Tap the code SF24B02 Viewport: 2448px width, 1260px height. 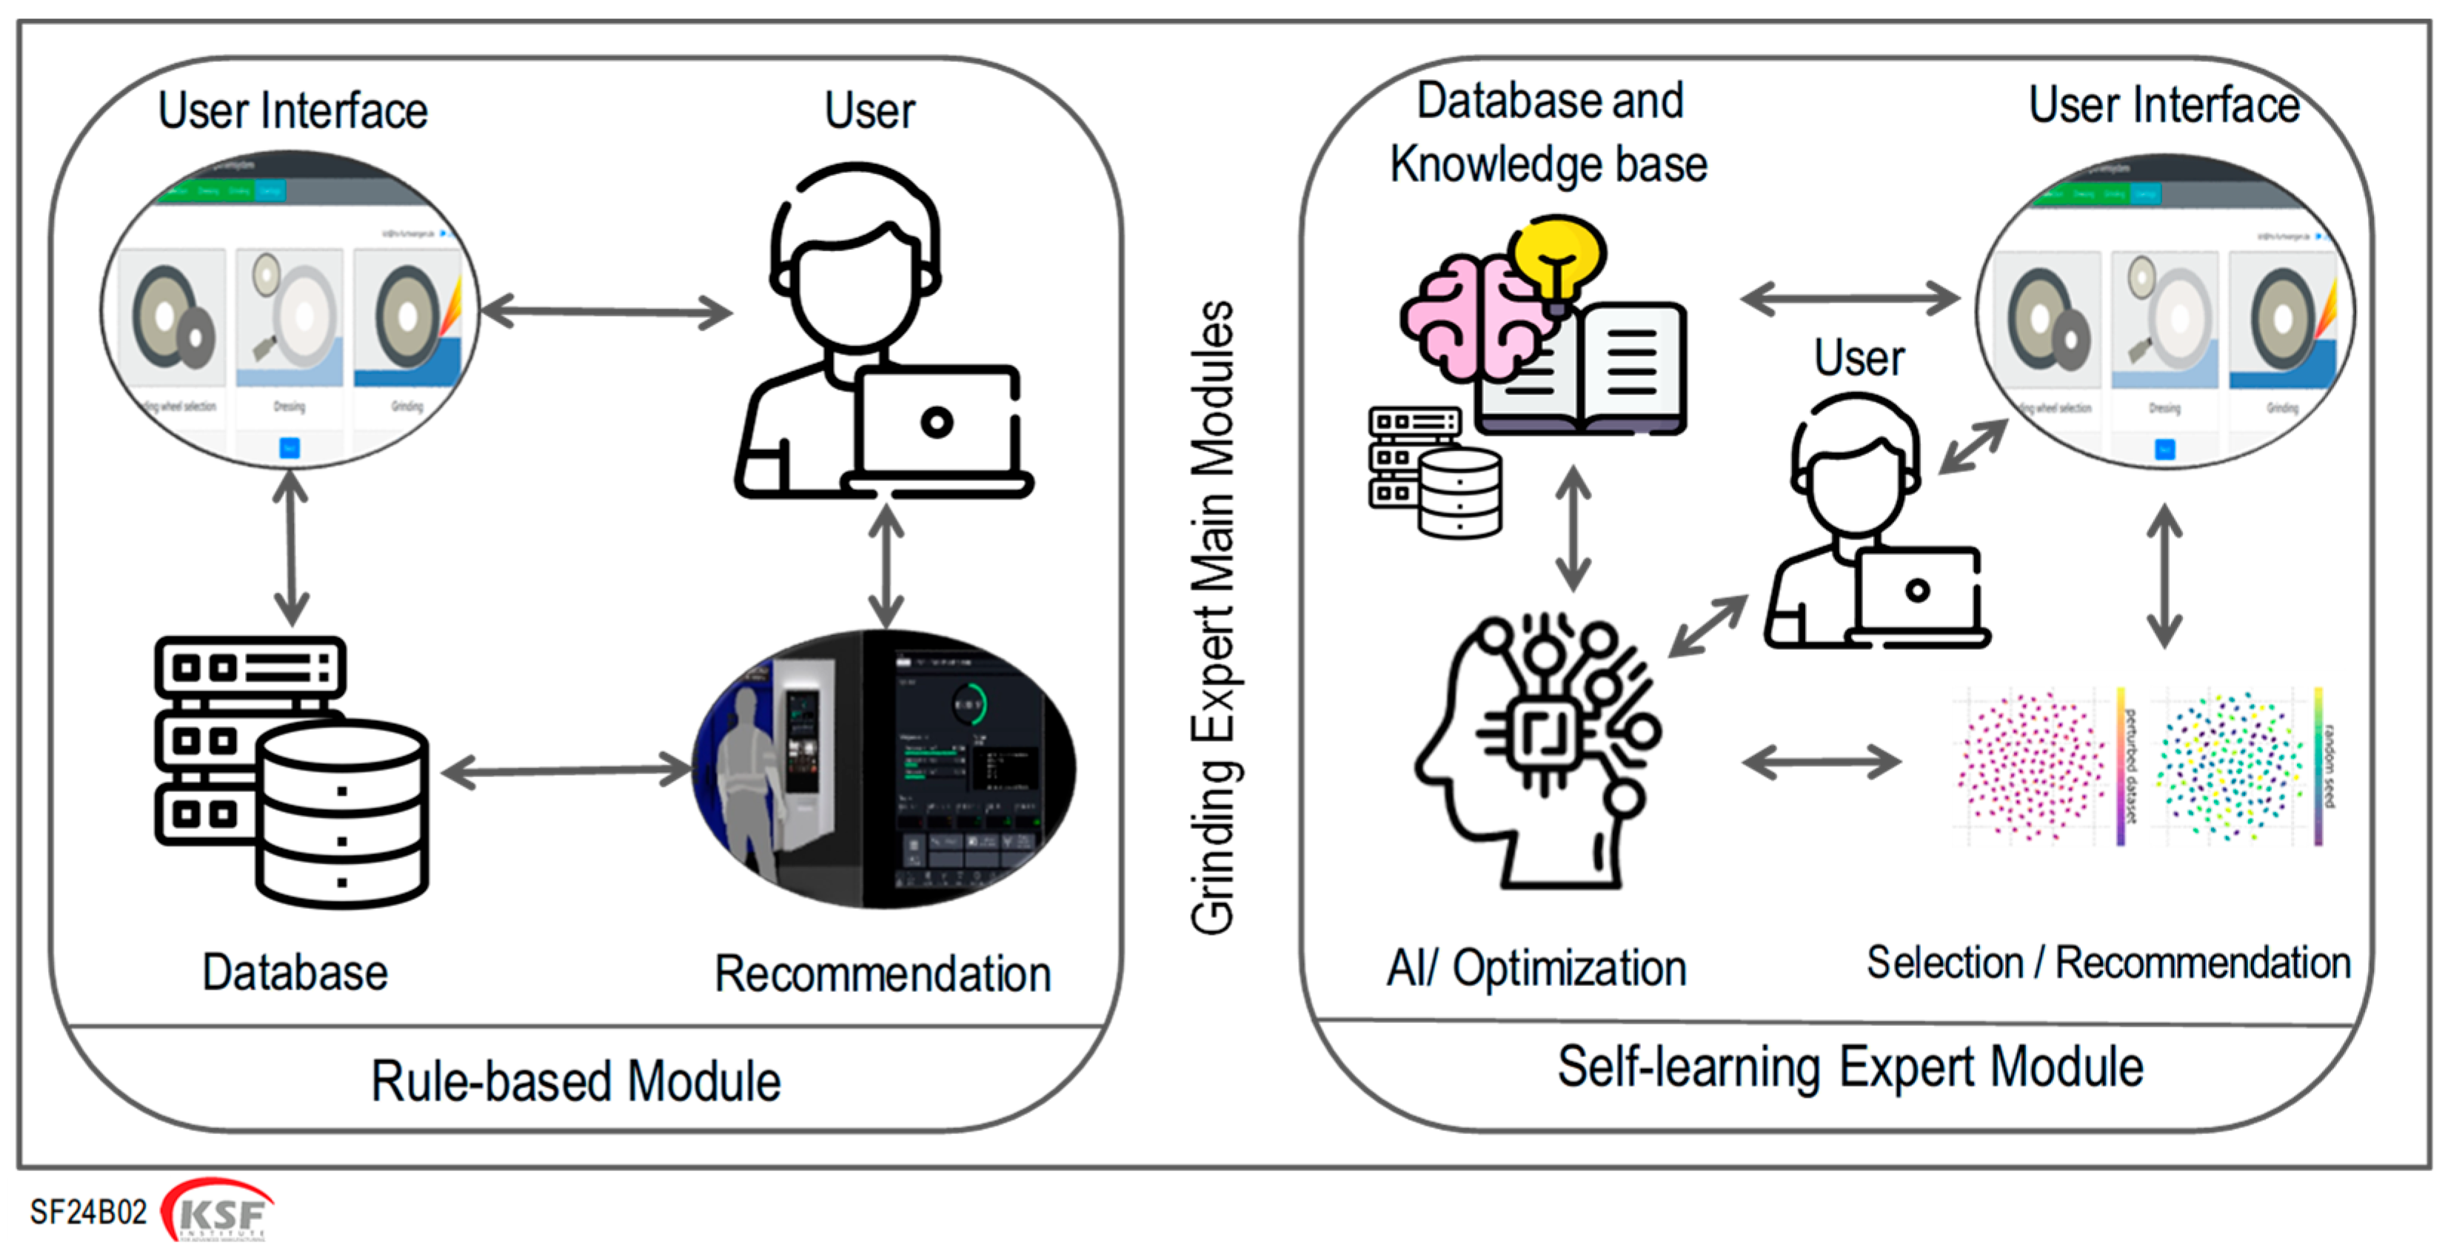click(88, 1213)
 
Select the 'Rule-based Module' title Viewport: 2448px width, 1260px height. click(576, 1082)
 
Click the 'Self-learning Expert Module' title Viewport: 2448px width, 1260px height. click(1849, 1066)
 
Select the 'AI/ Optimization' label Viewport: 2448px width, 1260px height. click(1536, 968)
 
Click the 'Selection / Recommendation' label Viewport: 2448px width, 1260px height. click(2108, 962)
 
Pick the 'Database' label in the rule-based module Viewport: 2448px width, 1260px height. click(295, 972)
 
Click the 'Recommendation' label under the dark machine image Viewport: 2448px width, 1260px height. click(882, 974)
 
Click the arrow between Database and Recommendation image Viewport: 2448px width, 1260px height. click(566, 771)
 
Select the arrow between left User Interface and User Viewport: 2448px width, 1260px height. click(606, 311)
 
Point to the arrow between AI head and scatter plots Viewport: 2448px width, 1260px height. click(1821, 761)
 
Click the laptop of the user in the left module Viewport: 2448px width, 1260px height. click(936, 425)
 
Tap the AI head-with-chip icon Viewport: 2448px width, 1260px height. click(1539, 751)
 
